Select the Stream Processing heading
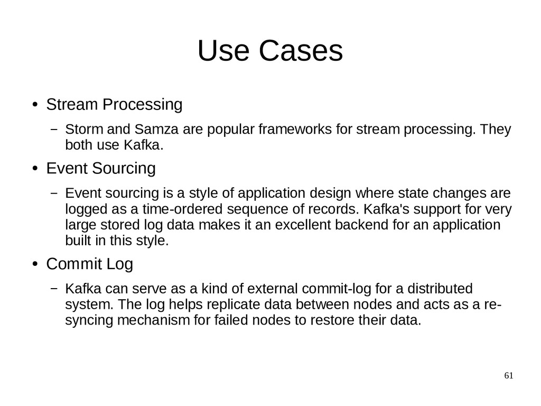(x=114, y=105)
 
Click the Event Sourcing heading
(x=101, y=169)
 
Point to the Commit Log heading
(x=89, y=264)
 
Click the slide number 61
(x=509, y=376)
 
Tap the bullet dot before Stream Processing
(x=34, y=105)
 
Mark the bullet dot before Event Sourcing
(x=34, y=169)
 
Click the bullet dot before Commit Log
(x=34, y=264)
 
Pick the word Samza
(x=156, y=130)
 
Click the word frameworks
(x=295, y=130)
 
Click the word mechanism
(x=153, y=320)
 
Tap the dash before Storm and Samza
(x=54, y=130)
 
